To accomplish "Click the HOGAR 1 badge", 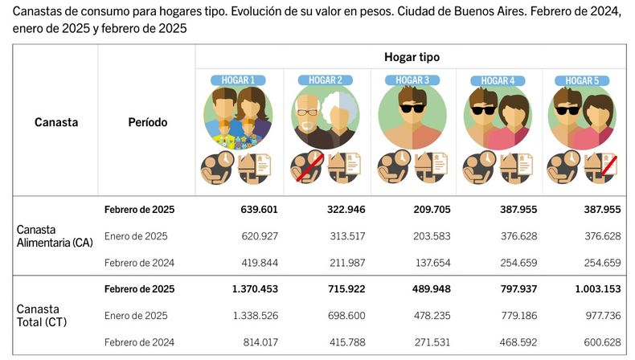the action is [238, 80].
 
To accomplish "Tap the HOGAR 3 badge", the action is [412, 80].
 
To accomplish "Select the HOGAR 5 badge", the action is [582, 80].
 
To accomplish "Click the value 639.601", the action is [259, 210].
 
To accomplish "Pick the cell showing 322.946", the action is [346, 210].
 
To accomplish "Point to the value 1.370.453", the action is [255, 288].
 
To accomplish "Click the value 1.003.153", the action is [598, 288].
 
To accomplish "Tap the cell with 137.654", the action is [433, 263].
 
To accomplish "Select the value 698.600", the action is [346, 316].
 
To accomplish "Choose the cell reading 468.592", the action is [518, 342].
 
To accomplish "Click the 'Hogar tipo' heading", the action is [412, 57].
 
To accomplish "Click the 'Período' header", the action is [147, 122].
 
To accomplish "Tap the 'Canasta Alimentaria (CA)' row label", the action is [55, 236].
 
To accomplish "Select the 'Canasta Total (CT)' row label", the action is [42, 316].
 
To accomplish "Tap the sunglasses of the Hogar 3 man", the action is [412, 108].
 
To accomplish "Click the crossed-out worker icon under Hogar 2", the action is [306, 167].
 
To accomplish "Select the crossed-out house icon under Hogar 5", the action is [600, 168].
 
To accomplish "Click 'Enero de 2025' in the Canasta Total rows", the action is [136, 316].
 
